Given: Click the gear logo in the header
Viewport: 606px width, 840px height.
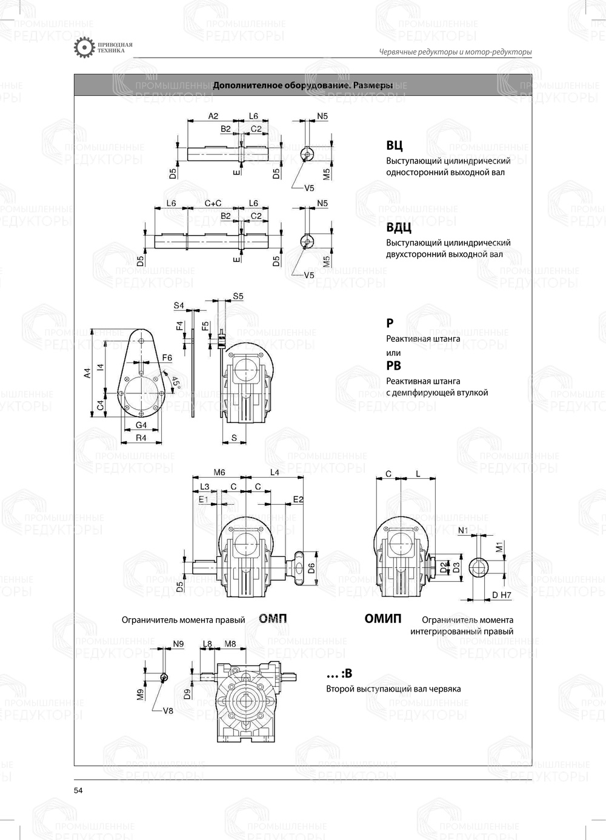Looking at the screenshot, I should click(83, 48).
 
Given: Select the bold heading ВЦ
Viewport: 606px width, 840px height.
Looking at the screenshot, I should click(394, 145).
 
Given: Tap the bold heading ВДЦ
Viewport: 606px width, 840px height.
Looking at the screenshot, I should click(398, 228).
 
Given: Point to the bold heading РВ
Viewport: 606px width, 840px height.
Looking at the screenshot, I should click(393, 365).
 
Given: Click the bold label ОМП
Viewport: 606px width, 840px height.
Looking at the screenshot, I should click(273, 618).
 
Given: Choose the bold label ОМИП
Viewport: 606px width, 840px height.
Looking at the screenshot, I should click(382, 618).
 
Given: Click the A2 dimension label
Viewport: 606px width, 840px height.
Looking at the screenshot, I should click(213, 115).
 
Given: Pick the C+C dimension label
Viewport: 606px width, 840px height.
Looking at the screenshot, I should click(212, 203).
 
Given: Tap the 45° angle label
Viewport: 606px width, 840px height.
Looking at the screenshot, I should click(175, 382).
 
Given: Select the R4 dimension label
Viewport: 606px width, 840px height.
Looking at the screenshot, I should click(141, 438).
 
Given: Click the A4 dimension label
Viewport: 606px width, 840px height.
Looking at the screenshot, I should click(87, 373).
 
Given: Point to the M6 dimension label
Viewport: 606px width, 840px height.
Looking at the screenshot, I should click(219, 472).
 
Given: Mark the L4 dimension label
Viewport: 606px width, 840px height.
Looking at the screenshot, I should click(274, 472).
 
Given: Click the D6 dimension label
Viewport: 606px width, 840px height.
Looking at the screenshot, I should click(310, 568).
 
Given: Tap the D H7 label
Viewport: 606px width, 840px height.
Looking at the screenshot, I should click(502, 595).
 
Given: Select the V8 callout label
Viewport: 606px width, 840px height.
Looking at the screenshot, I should click(168, 710).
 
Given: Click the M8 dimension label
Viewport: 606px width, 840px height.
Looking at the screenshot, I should click(230, 644).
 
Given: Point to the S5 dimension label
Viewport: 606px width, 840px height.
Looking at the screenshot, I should click(238, 296).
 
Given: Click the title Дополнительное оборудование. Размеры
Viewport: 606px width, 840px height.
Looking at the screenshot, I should click(302, 85).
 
